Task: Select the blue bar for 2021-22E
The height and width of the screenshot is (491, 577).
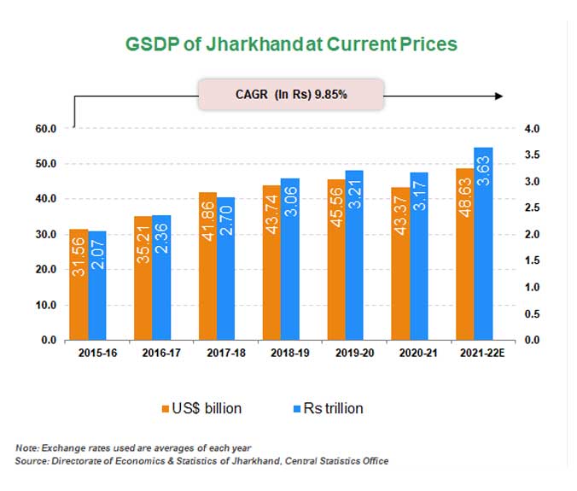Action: click(483, 244)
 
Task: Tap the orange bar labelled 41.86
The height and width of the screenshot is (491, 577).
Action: click(207, 266)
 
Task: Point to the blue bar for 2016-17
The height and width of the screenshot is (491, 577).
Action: click(161, 278)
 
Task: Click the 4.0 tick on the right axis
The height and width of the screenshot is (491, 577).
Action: click(531, 129)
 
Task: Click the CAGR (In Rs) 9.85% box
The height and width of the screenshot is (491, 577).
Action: click(291, 95)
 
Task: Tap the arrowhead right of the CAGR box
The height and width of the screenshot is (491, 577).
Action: click(498, 95)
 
